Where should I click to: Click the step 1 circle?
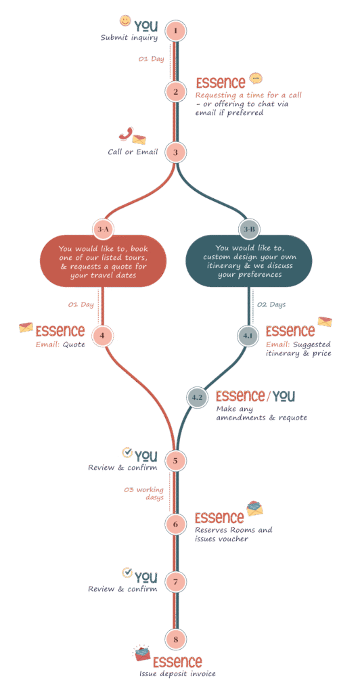(x=175, y=31)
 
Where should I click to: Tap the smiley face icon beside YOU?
(x=125, y=20)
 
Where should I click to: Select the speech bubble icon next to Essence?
(x=256, y=79)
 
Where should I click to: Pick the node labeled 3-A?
(x=103, y=229)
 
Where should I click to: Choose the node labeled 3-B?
(x=249, y=229)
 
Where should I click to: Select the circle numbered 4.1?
(x=248, y=336)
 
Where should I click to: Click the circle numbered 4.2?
(x=196, y=397)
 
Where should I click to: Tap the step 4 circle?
(x=102, y=336)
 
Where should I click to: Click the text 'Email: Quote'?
(x=60, y=344)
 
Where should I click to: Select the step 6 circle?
(x=175, y=524)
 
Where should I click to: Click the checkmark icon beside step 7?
(x=128, y=573)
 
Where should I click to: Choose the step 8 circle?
(x=175, y=639)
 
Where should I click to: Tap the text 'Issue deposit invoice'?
(x=177, y=673)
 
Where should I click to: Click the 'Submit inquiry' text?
(x=129, y=38)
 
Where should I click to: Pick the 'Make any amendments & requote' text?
(x=261, y=413)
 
